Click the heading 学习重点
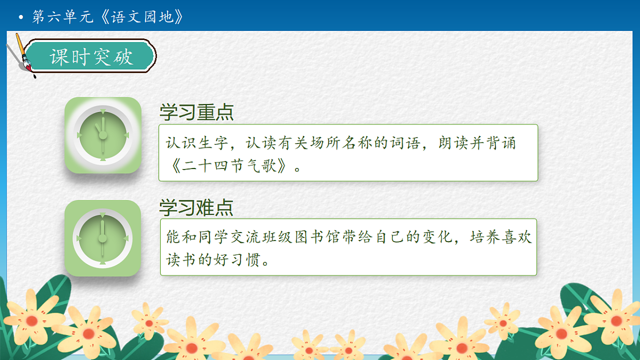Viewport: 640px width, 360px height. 196,113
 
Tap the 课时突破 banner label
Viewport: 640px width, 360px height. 91,57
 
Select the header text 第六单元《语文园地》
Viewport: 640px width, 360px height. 107,17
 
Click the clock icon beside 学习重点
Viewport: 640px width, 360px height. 103,135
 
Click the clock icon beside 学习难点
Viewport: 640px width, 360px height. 103,238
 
